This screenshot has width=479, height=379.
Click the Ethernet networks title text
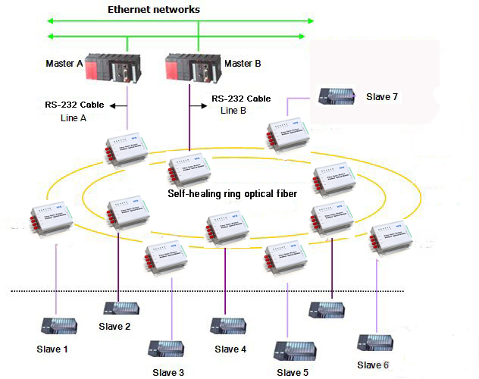[154, 10]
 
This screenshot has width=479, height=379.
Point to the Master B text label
[243, 64]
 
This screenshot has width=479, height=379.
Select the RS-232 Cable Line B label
[240, 104]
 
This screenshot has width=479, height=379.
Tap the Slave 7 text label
[382, 96]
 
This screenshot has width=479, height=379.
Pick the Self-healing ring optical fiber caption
[232, 194]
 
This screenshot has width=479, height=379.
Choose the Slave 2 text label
[114, 327]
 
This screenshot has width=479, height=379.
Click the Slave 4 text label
[230, 349]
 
